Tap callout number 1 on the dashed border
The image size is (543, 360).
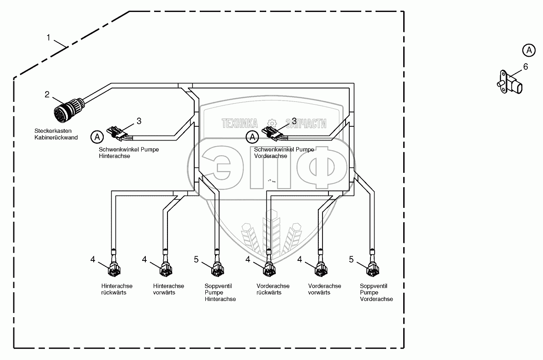point(48,38)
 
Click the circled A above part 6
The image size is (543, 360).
point(529,50)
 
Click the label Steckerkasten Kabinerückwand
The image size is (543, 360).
point(56,134)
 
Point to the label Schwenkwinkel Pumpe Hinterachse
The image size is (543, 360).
point(122,153)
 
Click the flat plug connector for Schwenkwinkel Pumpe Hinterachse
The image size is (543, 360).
point(117,133)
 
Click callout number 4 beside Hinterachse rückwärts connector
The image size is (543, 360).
point(93,260)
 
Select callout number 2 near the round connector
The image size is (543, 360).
point(47,94)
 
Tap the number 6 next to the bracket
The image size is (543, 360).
point(525,67)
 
